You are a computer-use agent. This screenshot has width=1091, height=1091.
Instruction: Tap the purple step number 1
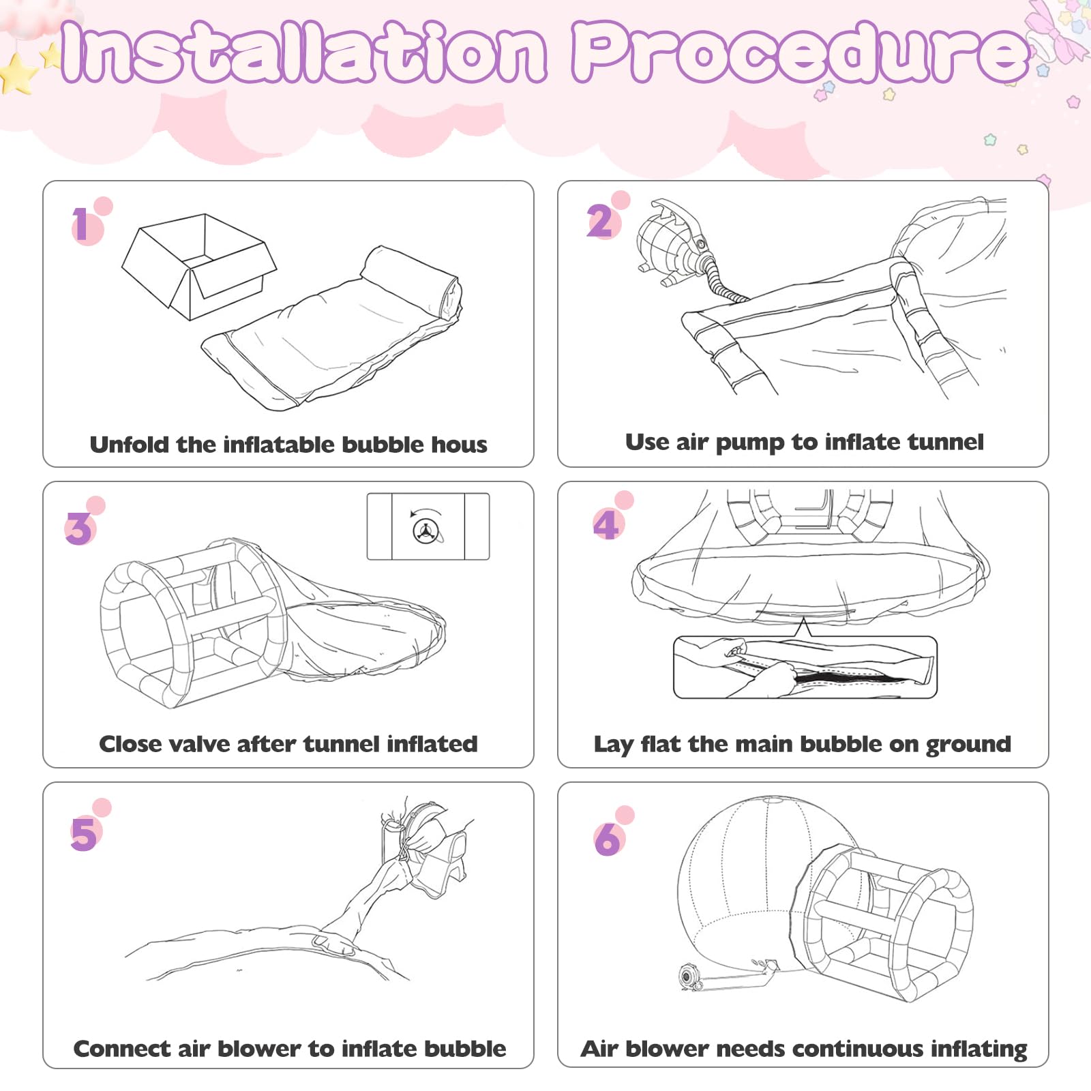coord(81,224)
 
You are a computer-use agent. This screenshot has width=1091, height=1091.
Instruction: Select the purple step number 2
coord(600,221)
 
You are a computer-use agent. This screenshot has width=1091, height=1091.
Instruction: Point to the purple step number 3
coord(79,529)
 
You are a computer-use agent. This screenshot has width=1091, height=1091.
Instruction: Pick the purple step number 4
coord(606,524)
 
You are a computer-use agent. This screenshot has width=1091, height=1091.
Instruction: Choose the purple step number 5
coord(83,833)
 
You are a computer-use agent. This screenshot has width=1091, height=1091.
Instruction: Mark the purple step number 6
coord(608,839)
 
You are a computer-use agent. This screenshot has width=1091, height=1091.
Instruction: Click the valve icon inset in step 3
coord(428,526)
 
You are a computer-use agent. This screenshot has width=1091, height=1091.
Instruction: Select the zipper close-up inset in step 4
coord(805,667)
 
